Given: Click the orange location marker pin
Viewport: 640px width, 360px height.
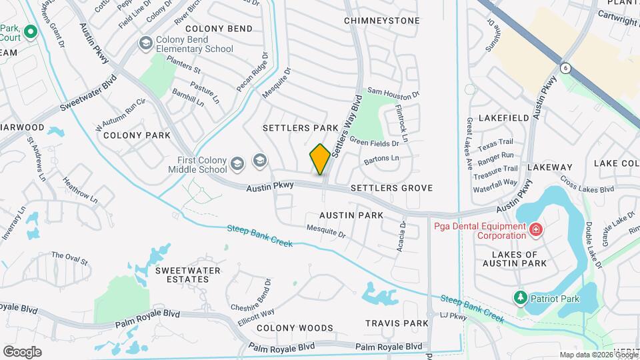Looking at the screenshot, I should pos(320,159).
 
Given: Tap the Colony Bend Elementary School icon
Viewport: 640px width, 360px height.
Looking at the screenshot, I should pos(145,43).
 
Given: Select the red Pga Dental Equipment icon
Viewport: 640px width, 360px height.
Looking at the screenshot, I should pos(535,231).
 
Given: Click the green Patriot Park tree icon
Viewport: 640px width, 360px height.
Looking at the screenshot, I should pos(520,297).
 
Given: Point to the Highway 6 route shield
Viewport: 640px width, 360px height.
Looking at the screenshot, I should pos(565,67).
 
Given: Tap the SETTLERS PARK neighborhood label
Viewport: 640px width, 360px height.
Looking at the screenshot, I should pos(301,127).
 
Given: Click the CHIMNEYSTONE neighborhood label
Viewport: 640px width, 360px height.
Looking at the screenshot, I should pos(382,21).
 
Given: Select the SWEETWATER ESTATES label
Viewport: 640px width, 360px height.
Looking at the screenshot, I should pos(182,275).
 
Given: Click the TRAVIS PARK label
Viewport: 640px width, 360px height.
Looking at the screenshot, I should pos(397,323).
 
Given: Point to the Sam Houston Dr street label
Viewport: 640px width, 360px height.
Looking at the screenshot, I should pos(393,93).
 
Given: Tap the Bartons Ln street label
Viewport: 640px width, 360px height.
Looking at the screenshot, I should pos(381,160).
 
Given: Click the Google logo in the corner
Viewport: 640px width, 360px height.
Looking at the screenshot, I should pos(22,352).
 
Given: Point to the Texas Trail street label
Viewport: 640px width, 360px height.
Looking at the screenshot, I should pos(495,143).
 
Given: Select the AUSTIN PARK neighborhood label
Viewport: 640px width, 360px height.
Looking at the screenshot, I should pos(351,215).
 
